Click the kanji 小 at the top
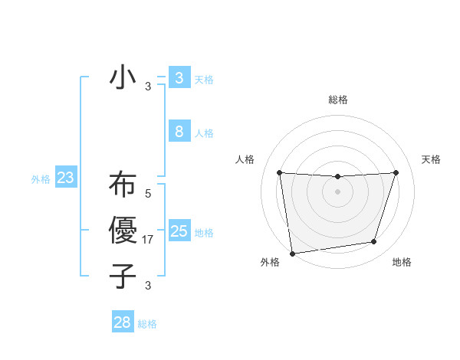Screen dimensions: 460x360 tap(123, 78)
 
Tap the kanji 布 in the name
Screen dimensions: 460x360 tap(123, 186)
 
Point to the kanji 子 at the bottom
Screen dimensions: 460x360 tap(123, 276)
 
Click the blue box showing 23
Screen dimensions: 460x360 tap(66, 178)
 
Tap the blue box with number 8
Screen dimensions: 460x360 tap(179, 132)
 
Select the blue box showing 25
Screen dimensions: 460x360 tap(179, 231)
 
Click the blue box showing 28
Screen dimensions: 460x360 tap(123, 322)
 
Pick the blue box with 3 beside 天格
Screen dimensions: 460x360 tap(179, 77)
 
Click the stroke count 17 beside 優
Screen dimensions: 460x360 tap(149, 240)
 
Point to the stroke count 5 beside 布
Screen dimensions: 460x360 tap(148, 195)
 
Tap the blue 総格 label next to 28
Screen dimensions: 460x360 tap(148, 324)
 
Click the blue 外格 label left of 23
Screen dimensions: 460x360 tap(41, 180)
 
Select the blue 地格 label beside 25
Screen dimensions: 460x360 tap(205, 233)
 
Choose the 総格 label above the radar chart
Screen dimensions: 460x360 tap(337, 100)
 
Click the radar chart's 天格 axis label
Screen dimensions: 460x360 tap(432, 159)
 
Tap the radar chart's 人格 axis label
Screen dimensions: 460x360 tap(245, 159)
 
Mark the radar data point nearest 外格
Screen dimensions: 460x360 tap(292, 253)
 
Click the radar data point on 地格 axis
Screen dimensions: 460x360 tap(374, 242)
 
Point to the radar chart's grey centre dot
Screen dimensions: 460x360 tap(337, 191)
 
